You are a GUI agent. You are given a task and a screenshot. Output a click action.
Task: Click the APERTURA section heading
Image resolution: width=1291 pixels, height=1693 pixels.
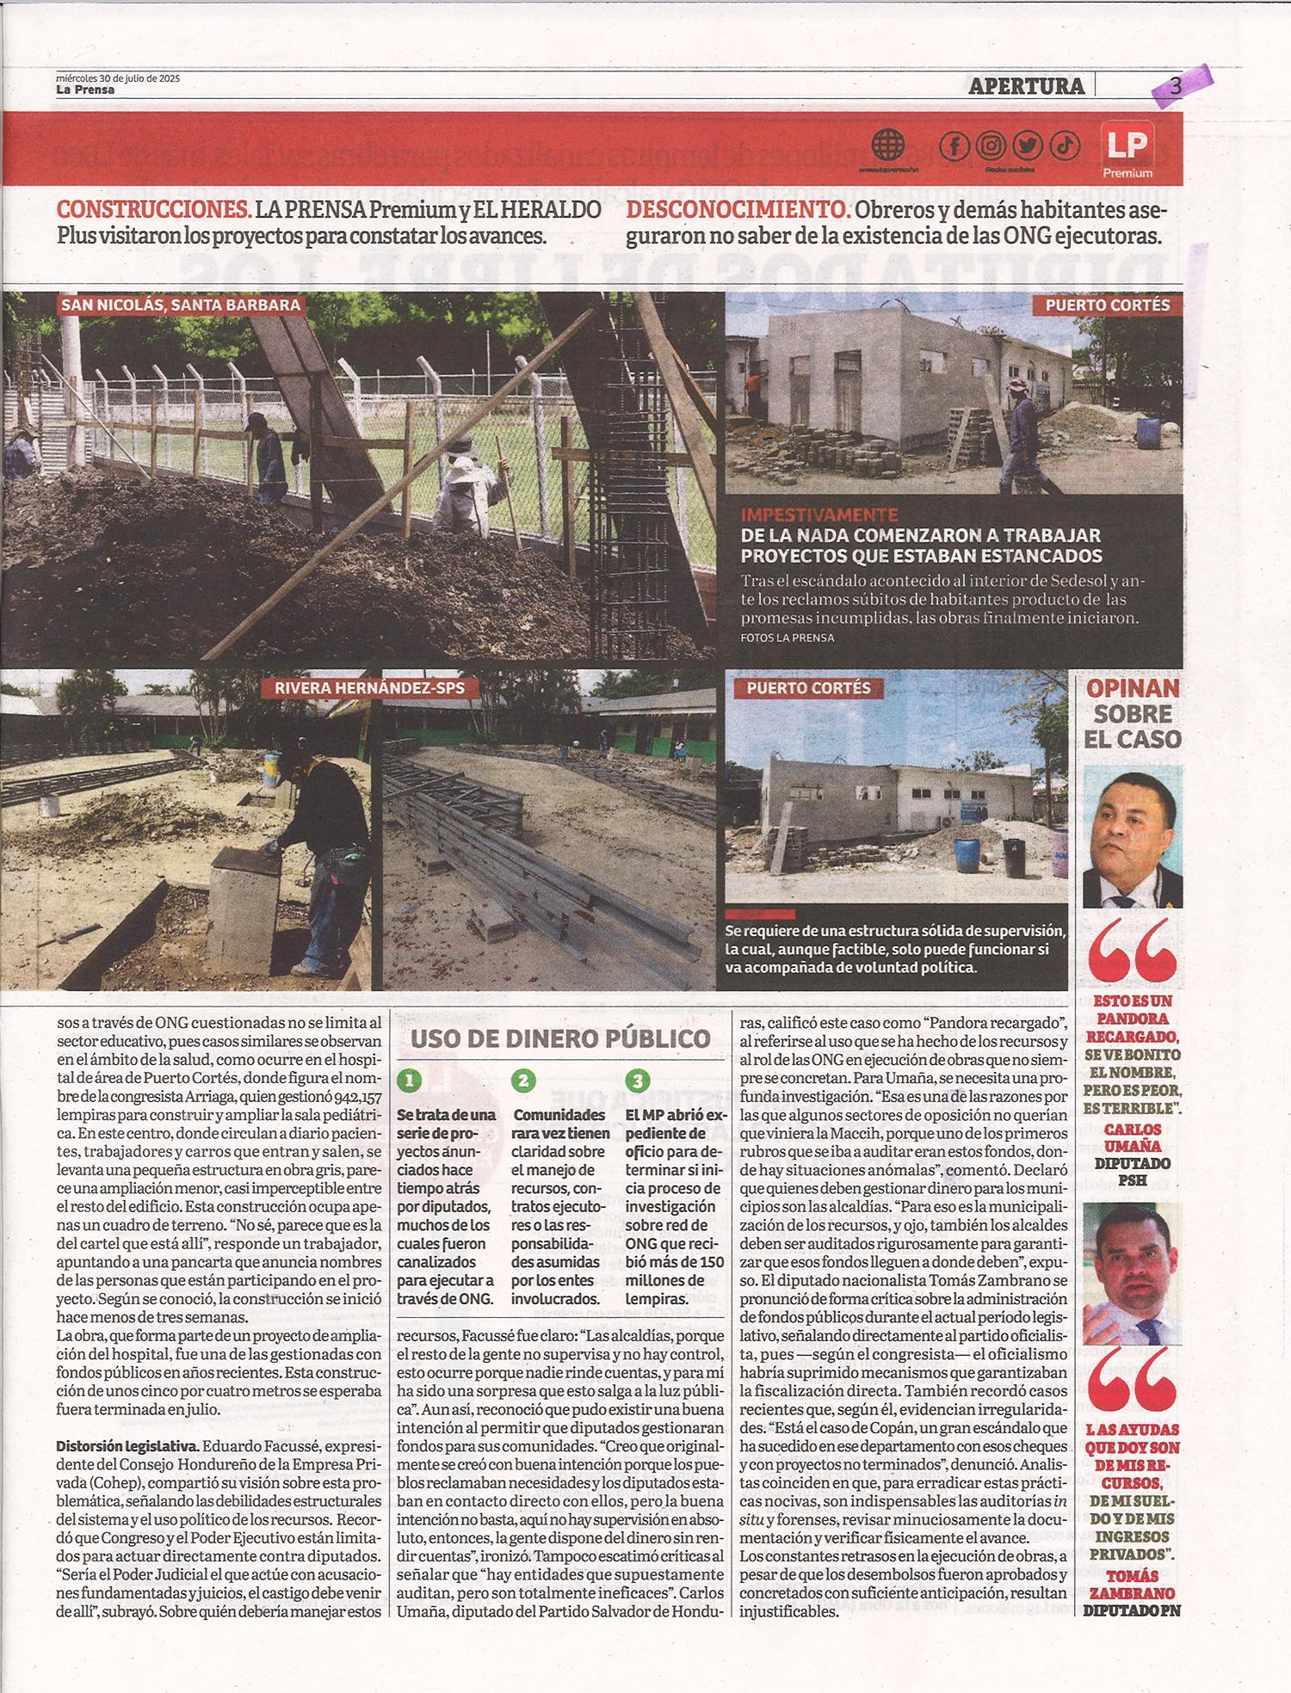(1025, 86)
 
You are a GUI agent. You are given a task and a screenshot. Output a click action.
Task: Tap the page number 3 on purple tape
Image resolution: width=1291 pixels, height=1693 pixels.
(1176, 85)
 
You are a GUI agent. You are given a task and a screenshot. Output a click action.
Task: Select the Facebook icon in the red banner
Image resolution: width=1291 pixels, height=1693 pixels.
(954, 145)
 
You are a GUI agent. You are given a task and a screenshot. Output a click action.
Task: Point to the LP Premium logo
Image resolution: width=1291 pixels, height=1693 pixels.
(1127, 149)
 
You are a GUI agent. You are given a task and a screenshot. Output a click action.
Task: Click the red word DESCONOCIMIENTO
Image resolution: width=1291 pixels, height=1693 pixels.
(738, 210)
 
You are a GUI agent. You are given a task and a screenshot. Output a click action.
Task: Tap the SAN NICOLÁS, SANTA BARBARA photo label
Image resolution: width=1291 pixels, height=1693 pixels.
(181, 305)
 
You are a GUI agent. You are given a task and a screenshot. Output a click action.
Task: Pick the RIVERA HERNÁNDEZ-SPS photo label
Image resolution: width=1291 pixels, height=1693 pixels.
(369, 687)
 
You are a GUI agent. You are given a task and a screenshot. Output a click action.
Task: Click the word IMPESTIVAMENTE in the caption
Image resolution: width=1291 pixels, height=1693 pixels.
(818, 515)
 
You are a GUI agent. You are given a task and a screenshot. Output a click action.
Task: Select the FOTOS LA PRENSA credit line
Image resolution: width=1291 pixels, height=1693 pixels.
(787, 637)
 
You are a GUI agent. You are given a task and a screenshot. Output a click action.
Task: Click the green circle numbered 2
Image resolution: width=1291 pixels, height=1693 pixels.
(523, 1080)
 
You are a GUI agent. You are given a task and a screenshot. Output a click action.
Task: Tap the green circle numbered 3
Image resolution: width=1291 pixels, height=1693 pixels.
(638, 1080)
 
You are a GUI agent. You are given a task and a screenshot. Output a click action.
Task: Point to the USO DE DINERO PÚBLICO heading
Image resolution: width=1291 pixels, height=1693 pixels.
(560, 1038)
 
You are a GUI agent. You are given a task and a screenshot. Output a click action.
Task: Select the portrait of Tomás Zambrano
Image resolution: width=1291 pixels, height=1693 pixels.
(1132, 1275)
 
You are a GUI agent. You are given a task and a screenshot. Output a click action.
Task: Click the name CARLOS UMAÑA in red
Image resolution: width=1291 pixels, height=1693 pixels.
(1132, 1137)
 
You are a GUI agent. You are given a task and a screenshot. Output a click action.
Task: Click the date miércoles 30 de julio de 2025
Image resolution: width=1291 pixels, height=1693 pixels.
(118, 78)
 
